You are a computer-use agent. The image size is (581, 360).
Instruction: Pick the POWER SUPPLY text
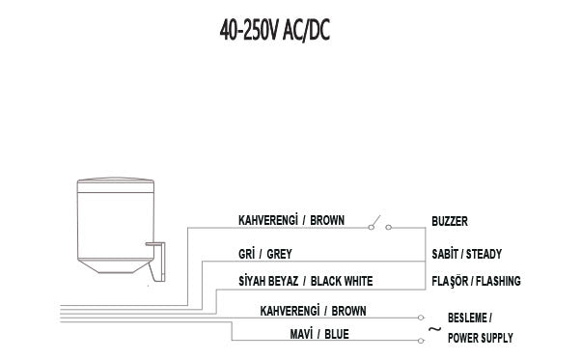click(480, 338)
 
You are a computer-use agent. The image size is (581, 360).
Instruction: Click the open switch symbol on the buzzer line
click(378, 228)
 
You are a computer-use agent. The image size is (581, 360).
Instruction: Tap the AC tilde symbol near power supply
click(433, 329)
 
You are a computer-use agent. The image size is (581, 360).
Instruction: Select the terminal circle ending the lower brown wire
click(418, 318)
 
